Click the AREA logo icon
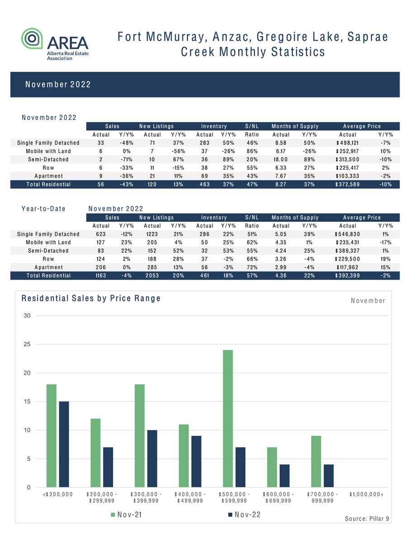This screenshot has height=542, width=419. pos(33,38)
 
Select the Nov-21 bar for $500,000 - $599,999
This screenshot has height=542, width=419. pos(228,419)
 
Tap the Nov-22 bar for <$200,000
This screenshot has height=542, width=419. pos(64,444)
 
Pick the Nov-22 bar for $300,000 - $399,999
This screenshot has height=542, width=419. pos(153,459)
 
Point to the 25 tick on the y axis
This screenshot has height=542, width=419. pos(27,344)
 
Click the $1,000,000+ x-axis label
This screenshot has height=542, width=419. pos(367,495)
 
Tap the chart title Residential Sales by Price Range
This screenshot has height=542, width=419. pos(91,299)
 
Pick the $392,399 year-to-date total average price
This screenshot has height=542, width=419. pos(348,276)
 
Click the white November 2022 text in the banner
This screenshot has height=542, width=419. pos(58,84)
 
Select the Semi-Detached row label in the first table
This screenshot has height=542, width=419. pos(48,159)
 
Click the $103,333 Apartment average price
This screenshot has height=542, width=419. pos(348,176)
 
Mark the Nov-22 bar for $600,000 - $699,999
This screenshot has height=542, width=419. pos(285,476)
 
